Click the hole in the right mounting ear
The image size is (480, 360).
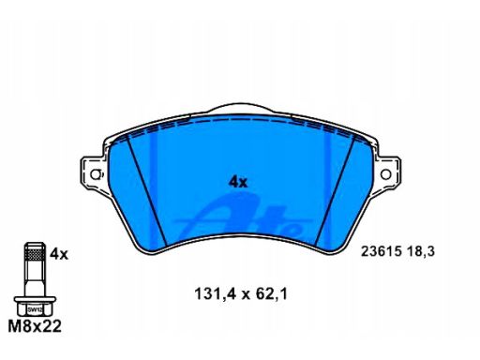pyautogui.click(x=385, y=174)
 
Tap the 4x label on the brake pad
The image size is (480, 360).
pyautogui.click(x=238, y=182)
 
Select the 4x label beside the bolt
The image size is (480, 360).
pyautogui.click(x=59, y=254)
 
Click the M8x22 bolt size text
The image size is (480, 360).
pyautogui.click(x=35, y=326)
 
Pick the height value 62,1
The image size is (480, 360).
pyautogui.click(x=271, y=294)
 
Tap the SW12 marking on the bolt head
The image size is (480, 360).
pyautogui.click(x=35, y=310)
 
